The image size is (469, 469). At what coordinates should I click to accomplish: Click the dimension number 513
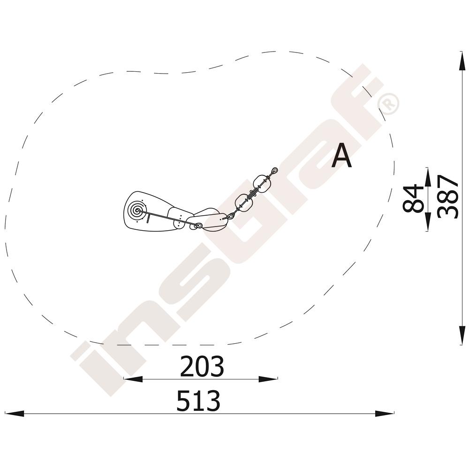[x=198, y=401]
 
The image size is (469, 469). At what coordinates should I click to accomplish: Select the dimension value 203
[x=202, y=366]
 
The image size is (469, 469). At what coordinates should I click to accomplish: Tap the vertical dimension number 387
[x=447, y=197]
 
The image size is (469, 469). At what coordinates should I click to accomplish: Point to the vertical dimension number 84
[x=413, y=198]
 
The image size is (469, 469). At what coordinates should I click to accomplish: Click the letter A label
[x=341, y=156]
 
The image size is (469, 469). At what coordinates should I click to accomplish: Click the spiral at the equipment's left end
[x=137, y=210]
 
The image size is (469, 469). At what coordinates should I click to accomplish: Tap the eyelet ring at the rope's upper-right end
[x=274, y=171]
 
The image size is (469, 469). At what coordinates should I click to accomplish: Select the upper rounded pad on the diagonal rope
[x=263, y=183]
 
